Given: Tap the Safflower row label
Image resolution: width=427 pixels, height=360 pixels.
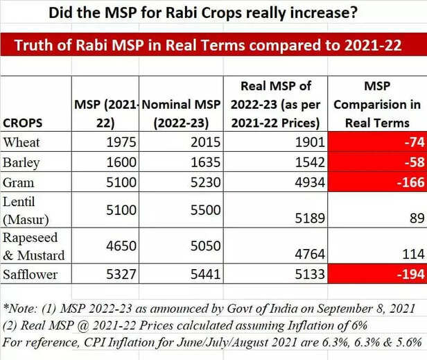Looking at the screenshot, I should click(x=31, y=275).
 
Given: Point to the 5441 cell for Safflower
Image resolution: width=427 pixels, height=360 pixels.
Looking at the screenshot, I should click(x=205, y=275).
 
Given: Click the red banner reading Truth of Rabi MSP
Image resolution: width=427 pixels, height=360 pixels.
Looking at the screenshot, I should click(x=214, y=46).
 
